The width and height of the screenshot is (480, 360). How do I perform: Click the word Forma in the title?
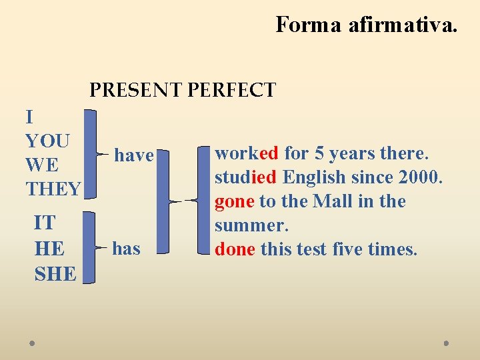[308, 25]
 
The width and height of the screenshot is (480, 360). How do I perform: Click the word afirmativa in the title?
[403, 25]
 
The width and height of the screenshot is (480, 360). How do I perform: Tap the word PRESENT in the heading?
[135, 90]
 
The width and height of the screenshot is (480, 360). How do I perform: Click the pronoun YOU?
[47, 141]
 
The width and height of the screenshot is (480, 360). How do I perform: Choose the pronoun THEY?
[53, 189]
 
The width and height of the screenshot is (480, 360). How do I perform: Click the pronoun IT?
[44, 222]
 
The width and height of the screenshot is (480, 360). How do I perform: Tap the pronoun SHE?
[55, 273]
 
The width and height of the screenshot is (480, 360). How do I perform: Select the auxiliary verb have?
[134, 155]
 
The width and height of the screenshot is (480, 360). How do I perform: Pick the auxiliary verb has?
[127, 249]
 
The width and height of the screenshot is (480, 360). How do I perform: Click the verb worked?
[246, 153]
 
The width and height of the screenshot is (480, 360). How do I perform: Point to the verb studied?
[246, 177]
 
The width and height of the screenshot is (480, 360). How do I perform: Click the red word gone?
[234, 202]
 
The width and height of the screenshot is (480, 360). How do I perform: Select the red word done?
[235, 249]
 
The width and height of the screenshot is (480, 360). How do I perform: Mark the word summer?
[250, 225]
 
